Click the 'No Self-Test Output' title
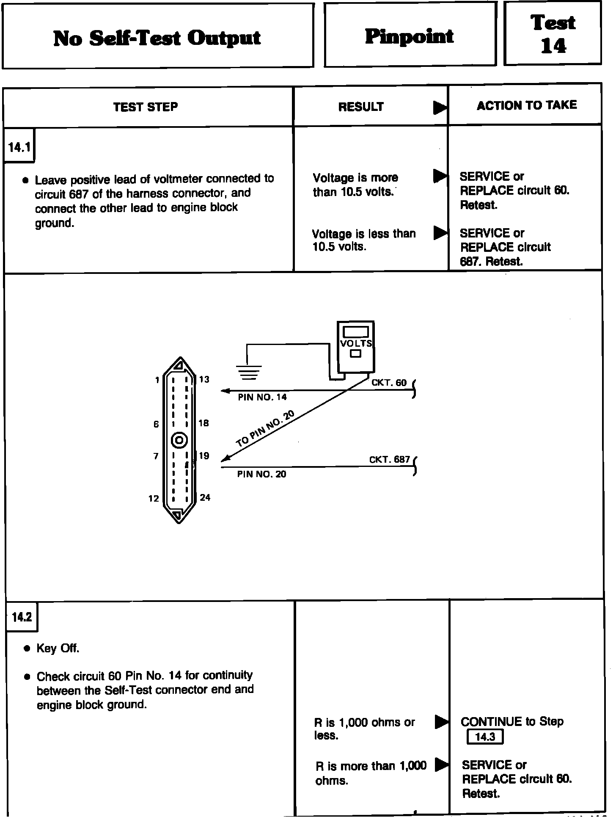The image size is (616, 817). click(157, 38)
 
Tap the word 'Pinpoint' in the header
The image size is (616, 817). click(409, 36)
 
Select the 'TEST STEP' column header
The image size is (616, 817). click(146, 107)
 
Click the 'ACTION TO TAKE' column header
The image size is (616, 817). click(527, 105)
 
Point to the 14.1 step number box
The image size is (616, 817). click(19, 147)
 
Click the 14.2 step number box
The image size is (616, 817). click(22, 617)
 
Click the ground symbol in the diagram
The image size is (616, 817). click(249, 372)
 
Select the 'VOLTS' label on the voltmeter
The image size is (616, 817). click(356, 343)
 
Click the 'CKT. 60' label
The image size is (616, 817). click(389, 383)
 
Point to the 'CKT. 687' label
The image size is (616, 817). click(389, 459)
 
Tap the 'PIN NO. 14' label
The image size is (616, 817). click(262, 397)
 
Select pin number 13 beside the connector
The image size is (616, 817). click(204, 379)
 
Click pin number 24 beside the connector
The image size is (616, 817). click(205, 497)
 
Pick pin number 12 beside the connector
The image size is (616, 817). click(154, 498)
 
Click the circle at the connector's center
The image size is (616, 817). click(179, 441)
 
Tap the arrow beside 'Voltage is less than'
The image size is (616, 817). click(440, 232)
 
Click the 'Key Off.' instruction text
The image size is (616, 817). click(58, 648)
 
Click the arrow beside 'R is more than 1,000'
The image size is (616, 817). click(442, 764)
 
